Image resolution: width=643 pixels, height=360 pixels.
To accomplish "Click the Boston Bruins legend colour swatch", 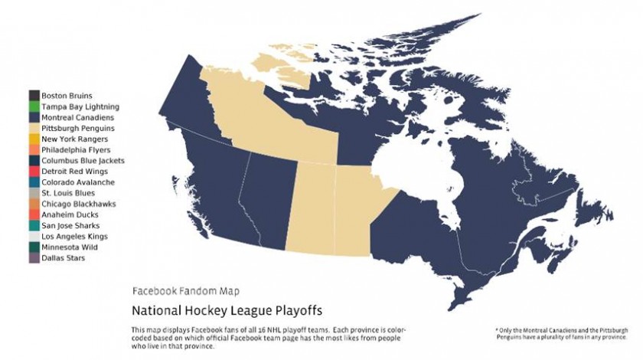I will [x=34, y=96].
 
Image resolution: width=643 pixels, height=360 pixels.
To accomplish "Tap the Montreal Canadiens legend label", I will [x=78, y=118].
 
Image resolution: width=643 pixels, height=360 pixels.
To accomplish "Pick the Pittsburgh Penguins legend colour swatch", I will [x=34, y=129].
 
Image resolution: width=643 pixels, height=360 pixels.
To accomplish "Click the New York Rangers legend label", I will [x=75, y=139].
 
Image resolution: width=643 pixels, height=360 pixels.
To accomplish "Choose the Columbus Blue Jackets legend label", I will [x=83, y=161].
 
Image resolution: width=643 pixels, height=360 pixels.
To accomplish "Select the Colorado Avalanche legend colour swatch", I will [x=34, y=183].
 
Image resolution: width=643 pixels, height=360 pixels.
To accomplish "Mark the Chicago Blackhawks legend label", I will [x=78, y=205].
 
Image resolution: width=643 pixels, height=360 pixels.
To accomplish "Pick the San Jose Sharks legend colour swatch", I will [x=34, y=226].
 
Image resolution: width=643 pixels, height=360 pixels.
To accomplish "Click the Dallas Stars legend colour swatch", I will [x=34, y=259].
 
